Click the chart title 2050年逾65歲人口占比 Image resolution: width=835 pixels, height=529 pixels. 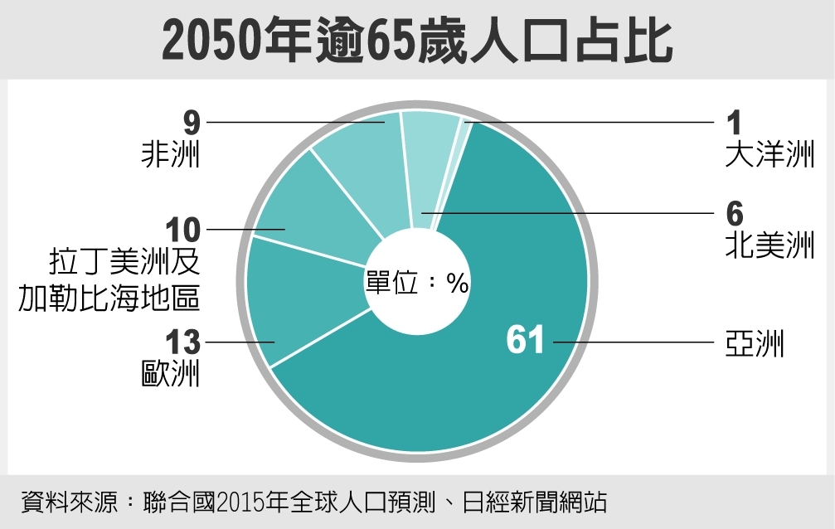(417, 40)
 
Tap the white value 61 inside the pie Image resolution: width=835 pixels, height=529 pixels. (525, 341)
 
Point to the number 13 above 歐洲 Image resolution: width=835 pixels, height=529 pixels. (182, 341)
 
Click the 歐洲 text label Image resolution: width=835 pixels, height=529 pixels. (171, 374)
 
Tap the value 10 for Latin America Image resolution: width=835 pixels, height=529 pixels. (182, 229)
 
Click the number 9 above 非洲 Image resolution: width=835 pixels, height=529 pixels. (192, 123)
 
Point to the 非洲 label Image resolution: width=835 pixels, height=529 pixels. (171, 155)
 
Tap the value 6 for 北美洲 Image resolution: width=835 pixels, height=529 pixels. (734, 214)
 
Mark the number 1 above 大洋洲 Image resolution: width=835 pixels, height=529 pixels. (733, 123)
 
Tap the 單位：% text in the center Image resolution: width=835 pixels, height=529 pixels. (417, 284)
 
